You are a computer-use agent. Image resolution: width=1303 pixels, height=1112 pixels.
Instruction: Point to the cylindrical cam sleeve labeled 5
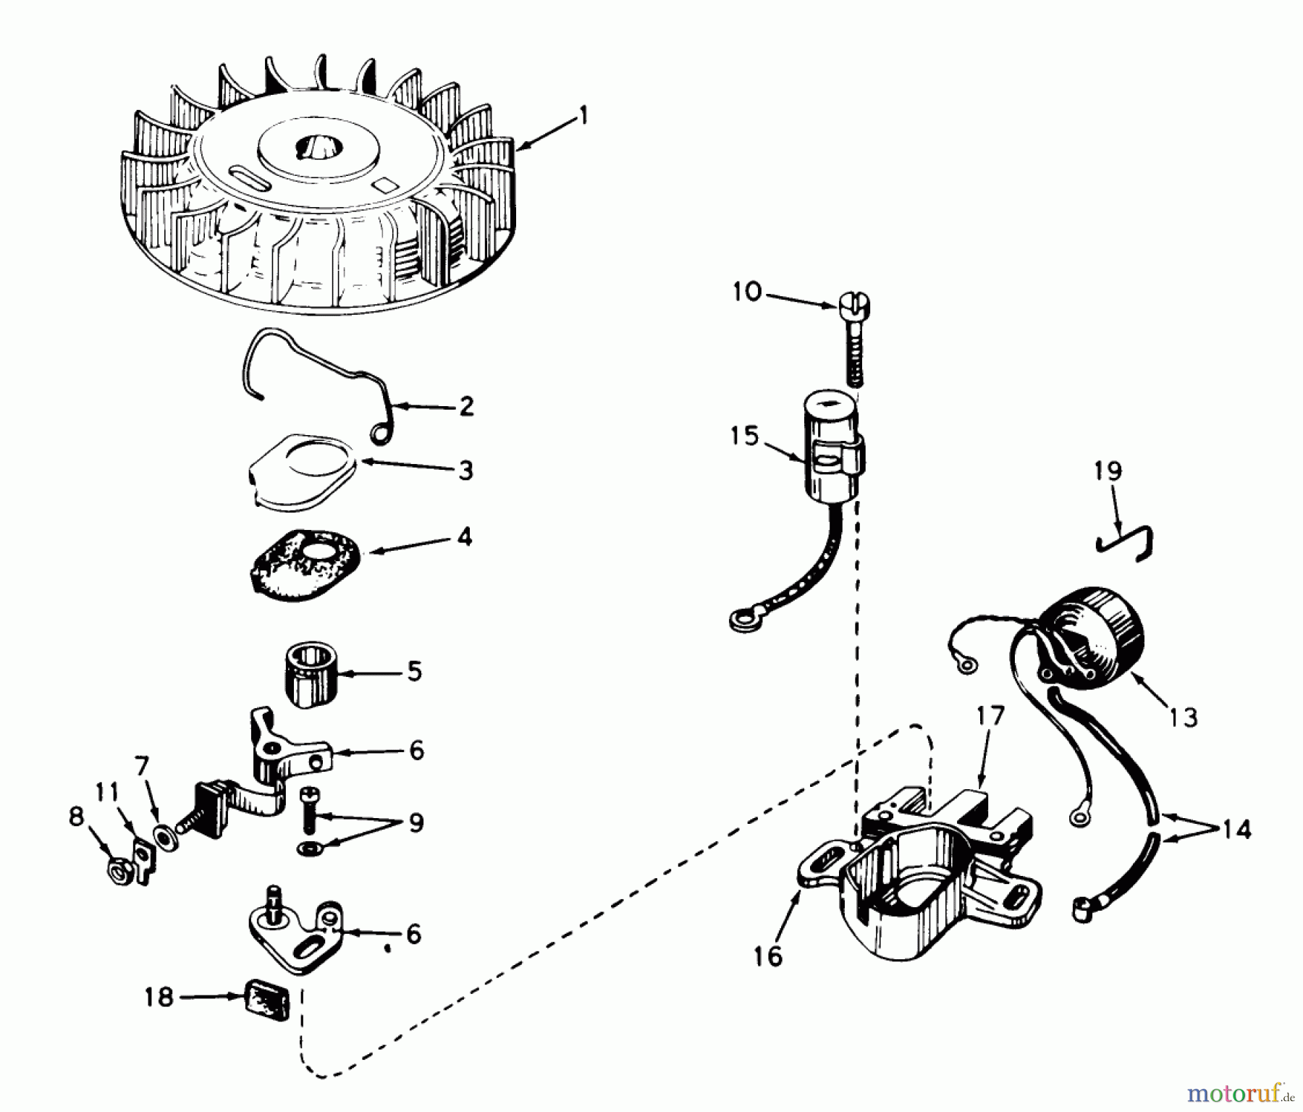[304, 673]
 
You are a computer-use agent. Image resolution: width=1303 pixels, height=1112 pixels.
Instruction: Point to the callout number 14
[1236, 829]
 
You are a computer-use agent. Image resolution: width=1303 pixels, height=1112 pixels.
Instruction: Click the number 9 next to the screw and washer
[416, 823]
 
